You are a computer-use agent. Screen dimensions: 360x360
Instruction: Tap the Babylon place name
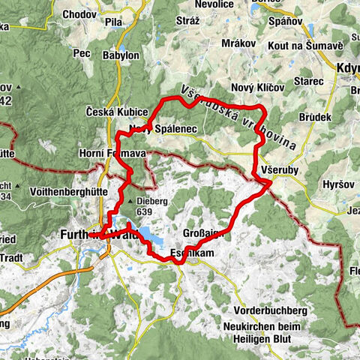[x=122, y=55]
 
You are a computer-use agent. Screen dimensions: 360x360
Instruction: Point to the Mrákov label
[x=240, y=43]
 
